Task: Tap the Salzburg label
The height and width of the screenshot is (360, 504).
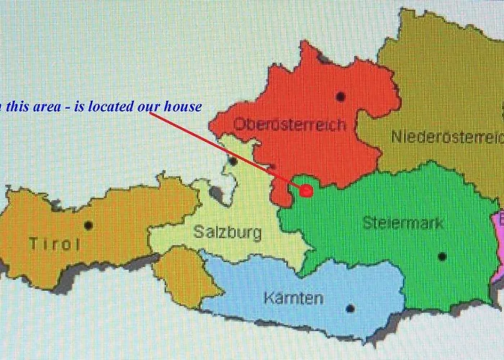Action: (228, 233)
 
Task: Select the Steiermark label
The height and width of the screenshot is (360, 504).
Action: (403, 222)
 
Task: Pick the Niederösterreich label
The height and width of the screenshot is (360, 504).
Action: (446, 137)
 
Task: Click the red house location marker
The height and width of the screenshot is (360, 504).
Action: (305, 190)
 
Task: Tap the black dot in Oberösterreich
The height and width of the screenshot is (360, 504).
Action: (340, 96)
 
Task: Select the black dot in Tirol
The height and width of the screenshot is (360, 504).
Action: (88, 225)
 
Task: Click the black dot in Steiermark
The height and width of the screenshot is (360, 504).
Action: (442, 256)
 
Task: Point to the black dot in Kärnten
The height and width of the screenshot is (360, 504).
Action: (350, 308)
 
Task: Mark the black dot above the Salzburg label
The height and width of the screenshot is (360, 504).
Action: (233, 161)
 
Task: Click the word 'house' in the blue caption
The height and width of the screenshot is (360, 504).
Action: (183, 107)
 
